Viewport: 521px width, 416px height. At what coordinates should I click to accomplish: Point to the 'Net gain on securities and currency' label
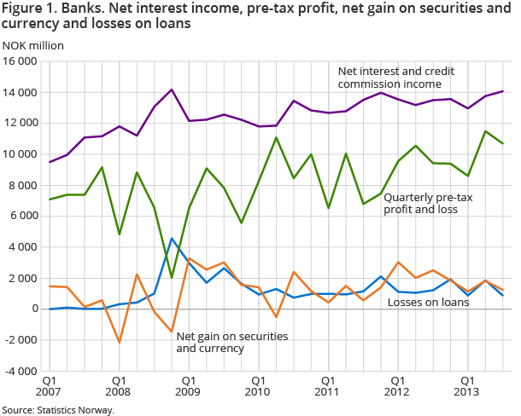click(x=231, y=342)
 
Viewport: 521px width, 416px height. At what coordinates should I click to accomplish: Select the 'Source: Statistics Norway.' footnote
click(x=58, y=409)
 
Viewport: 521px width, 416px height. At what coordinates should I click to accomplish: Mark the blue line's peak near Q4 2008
click(x=172, y=239)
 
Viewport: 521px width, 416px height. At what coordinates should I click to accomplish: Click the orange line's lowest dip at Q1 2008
click(x=119, y=342)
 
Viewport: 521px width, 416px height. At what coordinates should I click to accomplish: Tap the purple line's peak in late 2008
click(x=172, y=90)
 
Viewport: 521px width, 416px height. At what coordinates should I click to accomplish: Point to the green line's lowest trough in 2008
click(x=172, y=277)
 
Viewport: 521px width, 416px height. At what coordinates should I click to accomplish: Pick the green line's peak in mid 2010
click(x=276, y=137)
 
